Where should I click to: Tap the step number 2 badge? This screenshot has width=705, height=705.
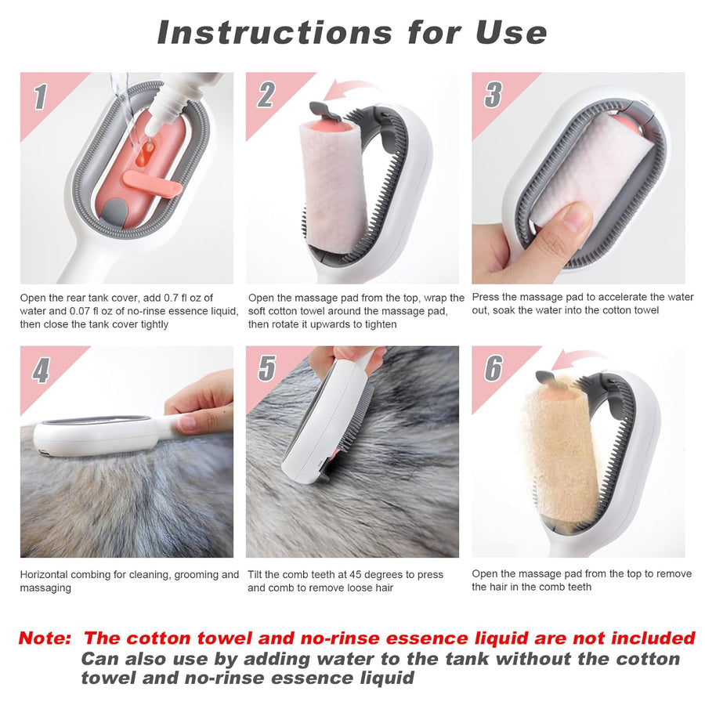pyautogui.click(x=266, y=96)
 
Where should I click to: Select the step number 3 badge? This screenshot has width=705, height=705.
pyautogui.click(x=493, y=95)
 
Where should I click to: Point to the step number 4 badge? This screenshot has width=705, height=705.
pyautogui.click(x=41, y=369)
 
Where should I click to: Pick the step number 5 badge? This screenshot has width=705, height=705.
pyautogui.click(x=266, y=368)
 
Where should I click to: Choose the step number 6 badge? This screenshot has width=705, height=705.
pyautogui.click(x=493, y=367)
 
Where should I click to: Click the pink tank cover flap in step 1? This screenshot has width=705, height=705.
pyautogui.click(x=152, y=180)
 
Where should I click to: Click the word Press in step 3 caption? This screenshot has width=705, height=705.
pyautogui.click(x=487, y=297)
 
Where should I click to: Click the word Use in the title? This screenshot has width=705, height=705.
pyautogui.click(x=510, y=33)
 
